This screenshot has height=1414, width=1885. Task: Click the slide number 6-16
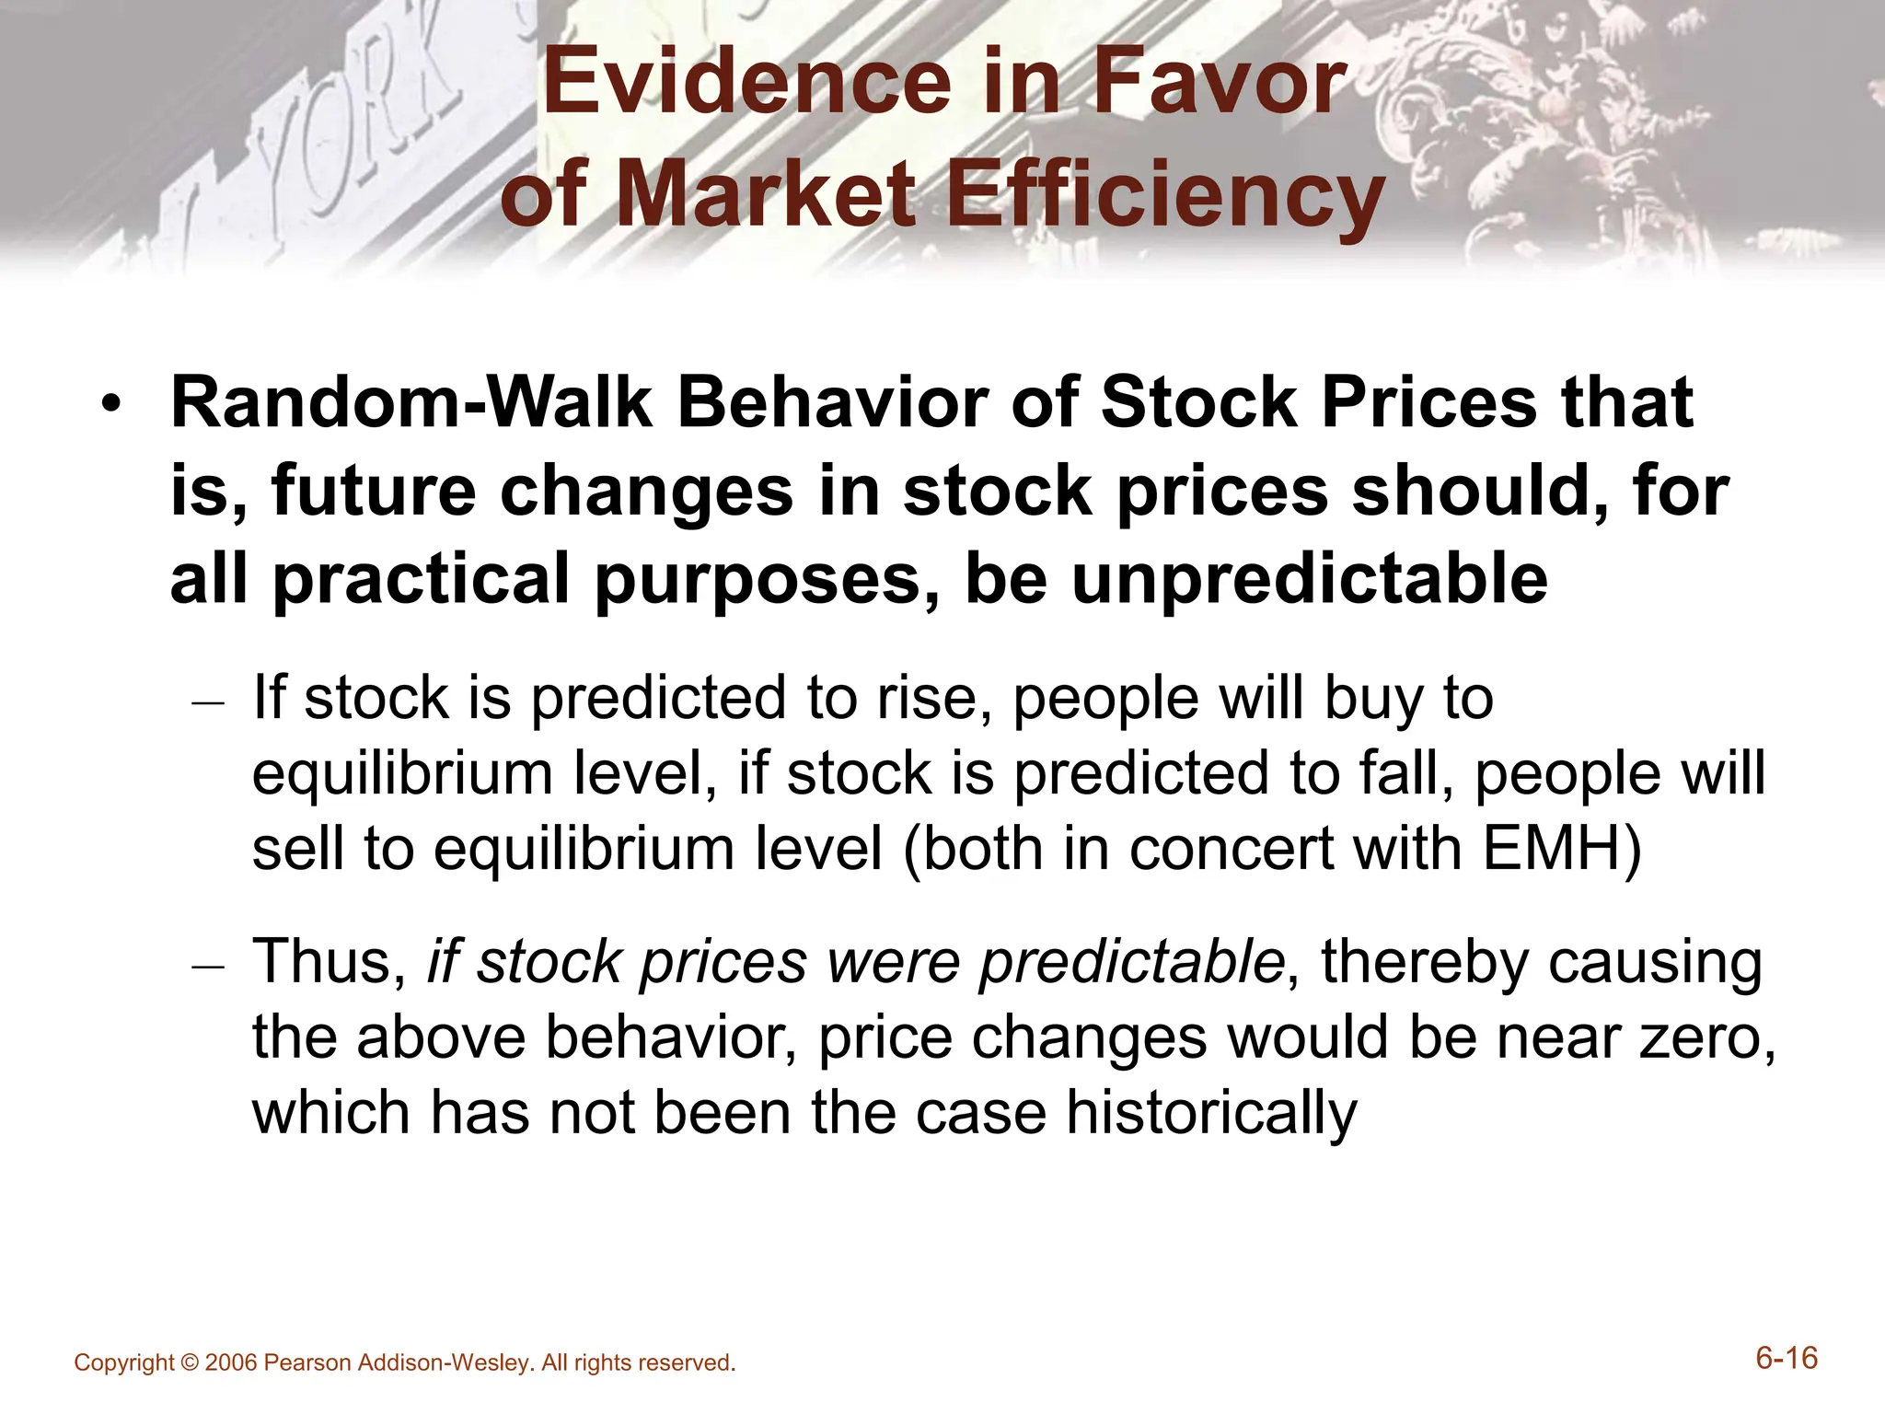click(x=1786, y=1359)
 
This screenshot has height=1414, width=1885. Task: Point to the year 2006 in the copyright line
click(x=231, y=1363)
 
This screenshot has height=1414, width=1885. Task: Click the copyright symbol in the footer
click(x=190, y=1363)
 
